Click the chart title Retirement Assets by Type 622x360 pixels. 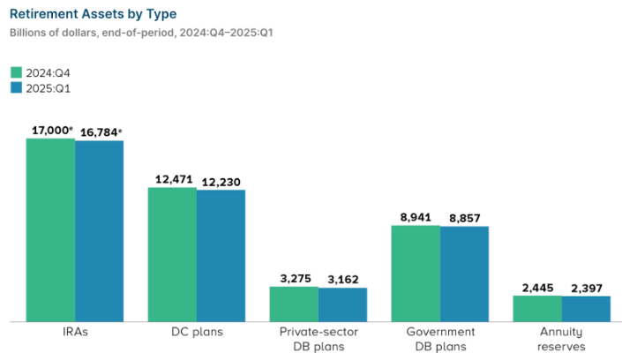coord(93,14)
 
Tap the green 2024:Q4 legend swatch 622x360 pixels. coord(16,73)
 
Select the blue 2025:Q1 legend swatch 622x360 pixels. coord(16,88)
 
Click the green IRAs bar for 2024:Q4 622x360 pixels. coord(50,229)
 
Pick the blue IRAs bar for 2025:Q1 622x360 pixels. coord(99,231)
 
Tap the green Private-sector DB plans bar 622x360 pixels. coord(294,304)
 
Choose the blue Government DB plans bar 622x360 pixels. coord(464,274)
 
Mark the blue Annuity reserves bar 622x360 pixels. coord(586,309)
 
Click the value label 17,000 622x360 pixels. coord(50,130)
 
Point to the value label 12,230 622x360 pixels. coord(221,182)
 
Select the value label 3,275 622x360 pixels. coord(294,279)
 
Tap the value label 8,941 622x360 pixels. coord(416,217)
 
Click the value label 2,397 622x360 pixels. coord(586,288)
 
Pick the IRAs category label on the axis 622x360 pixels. coord(74,333)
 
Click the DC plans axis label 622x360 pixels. coord(197,333)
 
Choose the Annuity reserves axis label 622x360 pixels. coord(562,339)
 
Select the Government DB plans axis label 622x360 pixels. coord(440,339)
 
